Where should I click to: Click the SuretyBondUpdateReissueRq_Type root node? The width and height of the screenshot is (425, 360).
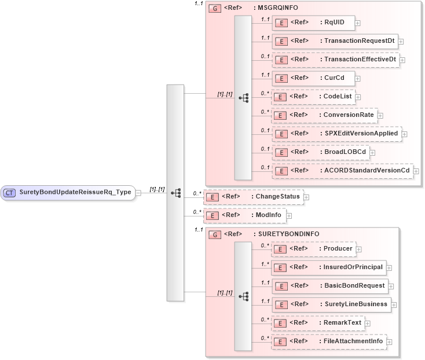[69, 192]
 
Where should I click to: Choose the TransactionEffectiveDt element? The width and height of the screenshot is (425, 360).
[335, 60]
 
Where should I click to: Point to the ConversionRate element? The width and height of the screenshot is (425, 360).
[324, 115]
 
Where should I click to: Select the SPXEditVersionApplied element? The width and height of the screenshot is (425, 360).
[336, 134]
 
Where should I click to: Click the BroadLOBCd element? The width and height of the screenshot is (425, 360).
[321, 152]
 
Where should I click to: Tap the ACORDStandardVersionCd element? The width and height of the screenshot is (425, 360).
[342, 171]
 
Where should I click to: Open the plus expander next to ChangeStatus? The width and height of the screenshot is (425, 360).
[306, 197]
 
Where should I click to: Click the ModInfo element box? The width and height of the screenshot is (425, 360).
[244, 215]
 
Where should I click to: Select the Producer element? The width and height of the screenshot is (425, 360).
[313, 249]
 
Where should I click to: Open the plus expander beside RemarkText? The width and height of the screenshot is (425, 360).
[367, 323]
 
